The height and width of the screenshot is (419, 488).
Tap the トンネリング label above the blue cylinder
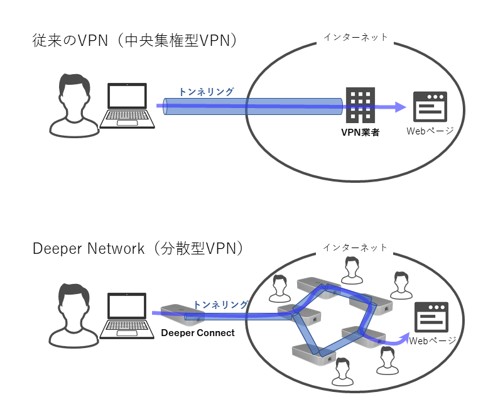click(x=206, y=92)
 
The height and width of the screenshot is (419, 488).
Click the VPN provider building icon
click(x=361, y=106)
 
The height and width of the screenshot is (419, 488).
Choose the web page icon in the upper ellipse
click(x=429, y=107)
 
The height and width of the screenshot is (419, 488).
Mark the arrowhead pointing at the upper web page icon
click(x=401, y=107)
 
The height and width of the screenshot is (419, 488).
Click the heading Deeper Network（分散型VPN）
click(x=138, y=249)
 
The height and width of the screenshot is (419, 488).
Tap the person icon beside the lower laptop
click(x=74, y=314)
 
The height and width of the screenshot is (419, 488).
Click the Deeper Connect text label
click(x=197, y=333)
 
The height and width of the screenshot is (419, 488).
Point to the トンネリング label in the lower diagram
click(x=220, y=305)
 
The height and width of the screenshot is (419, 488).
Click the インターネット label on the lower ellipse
click(x=355, y=248)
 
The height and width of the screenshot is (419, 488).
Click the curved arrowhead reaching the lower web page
click(x=402, y=340)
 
